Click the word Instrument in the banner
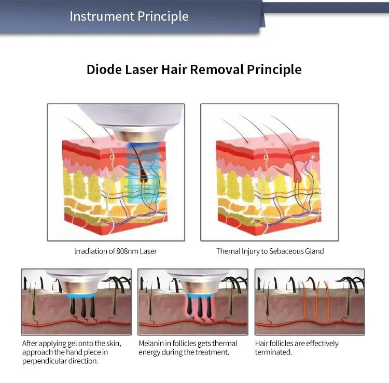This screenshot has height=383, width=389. (x=102, y=17)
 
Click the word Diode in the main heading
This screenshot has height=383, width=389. (x=104, y=69)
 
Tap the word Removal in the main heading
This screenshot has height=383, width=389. (x=217, y=69)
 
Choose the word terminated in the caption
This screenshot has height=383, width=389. (x=273, y=352)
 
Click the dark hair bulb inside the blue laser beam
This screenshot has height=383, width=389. (x=143, y=177)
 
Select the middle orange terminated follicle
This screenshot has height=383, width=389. (x=317, y=301)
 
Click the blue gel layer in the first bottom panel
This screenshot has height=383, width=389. (x=81, y=295)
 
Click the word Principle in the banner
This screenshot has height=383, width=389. (x=163, y=17)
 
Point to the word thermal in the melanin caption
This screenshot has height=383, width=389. (x=224, y=343)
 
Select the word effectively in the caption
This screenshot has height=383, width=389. (x=322, y=344)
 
